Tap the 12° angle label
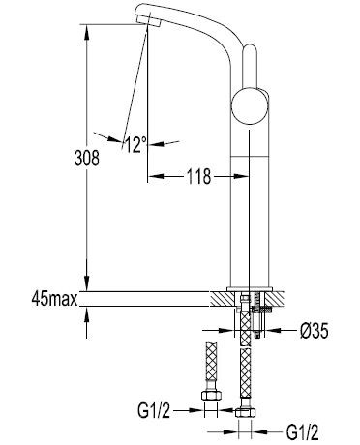tap(135, 145)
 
